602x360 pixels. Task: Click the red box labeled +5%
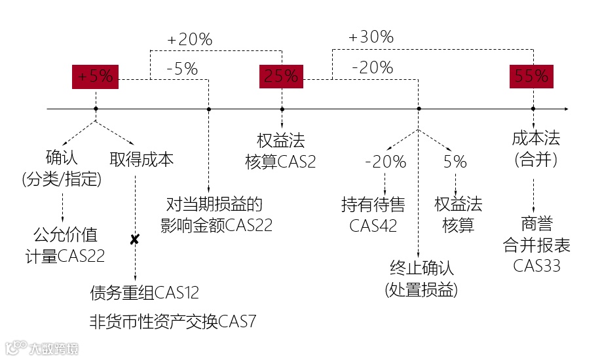coord(95,77)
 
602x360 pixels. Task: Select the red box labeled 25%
coord(281,77)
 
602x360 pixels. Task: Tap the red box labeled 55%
coord(531,77)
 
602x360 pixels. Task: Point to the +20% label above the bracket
coord(190,40)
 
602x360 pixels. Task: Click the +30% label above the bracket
coord(371,37)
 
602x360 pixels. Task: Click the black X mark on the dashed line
coord(134,240)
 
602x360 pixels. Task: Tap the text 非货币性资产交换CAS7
coord(173,321)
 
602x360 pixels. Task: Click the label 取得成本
coord(141,160)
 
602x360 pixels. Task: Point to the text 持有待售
coord(373,205)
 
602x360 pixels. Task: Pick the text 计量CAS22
coord(65,256)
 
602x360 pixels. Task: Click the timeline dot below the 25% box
coord(282,109)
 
